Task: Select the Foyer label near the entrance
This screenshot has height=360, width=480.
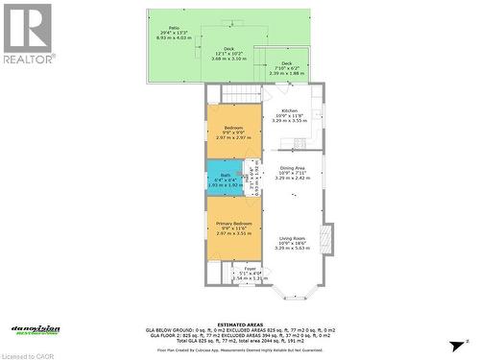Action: [250, 273]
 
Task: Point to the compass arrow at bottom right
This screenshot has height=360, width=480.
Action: [466, 341]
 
